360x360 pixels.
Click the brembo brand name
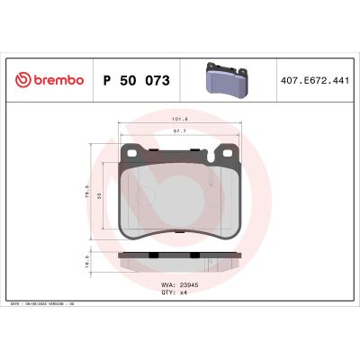click(x=56, y=81)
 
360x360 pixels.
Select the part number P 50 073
click(x=137, y=81)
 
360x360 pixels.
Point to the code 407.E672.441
click(x=314, y=81)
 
